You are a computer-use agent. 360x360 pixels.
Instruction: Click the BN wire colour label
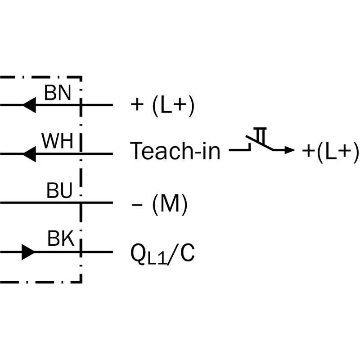tap(57, 93)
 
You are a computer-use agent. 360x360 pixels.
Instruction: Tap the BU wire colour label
tap(59, 191)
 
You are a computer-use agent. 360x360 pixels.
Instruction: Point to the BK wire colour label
tap(60, 239)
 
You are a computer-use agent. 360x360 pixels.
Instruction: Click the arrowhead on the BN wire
tap(29, 105)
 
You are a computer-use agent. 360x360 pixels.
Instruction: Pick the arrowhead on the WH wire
tap(29, 154)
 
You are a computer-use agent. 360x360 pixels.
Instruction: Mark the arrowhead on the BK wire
tap(28, 252)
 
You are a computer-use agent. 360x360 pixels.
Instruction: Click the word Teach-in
tap(175, 151)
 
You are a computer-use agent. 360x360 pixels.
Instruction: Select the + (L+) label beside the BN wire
tap(162, 106)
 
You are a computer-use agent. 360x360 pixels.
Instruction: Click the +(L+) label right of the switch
tap(330, 151)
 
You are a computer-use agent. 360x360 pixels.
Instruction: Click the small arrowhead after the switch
tap(291, 151)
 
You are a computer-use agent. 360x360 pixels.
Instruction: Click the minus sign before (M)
tap(136, 205)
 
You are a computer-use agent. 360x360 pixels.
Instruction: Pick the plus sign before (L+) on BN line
tap(136, 106)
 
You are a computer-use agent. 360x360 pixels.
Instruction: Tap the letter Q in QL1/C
tap(137, 253)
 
